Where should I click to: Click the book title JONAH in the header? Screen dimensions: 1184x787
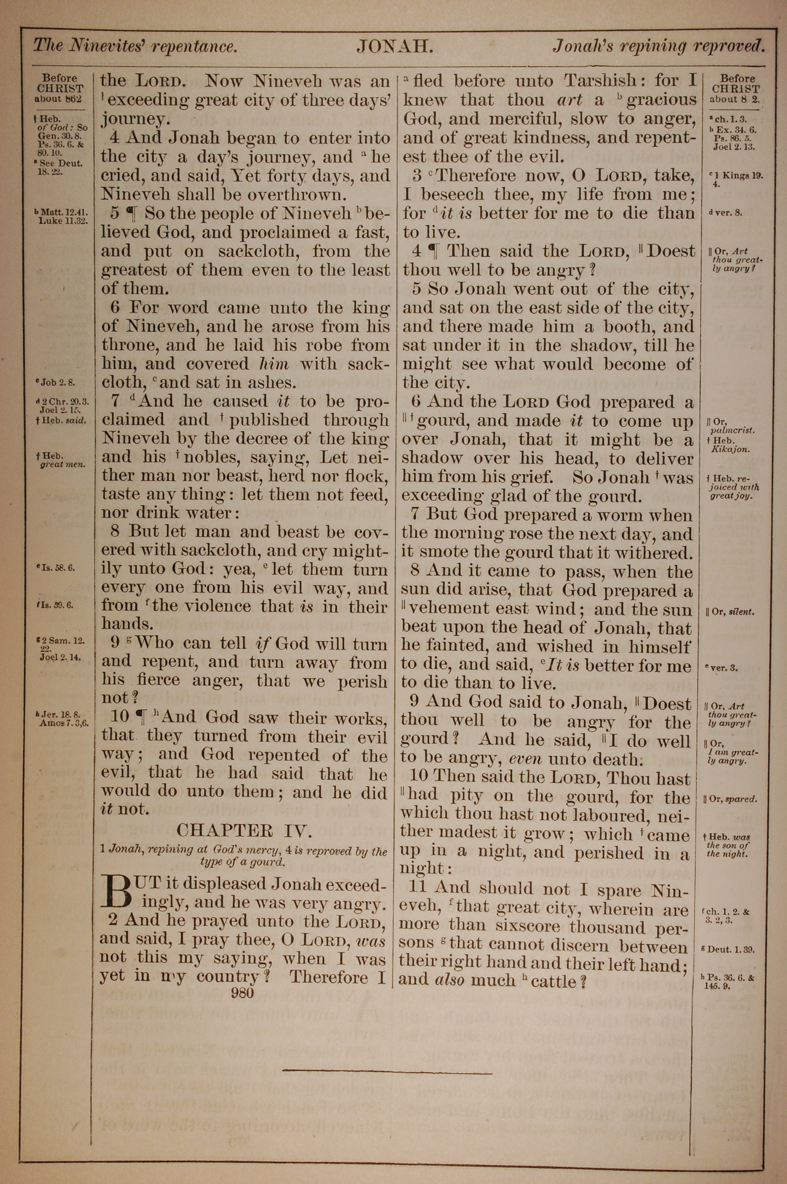pos(395,47)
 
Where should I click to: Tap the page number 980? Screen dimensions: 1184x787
pos(242,992)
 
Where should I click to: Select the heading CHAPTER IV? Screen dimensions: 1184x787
pos(244,831)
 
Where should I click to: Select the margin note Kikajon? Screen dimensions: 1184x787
pos(727,449)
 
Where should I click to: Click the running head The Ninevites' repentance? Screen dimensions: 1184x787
pos(135,47)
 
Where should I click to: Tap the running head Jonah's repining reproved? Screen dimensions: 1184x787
pos(658,47)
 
